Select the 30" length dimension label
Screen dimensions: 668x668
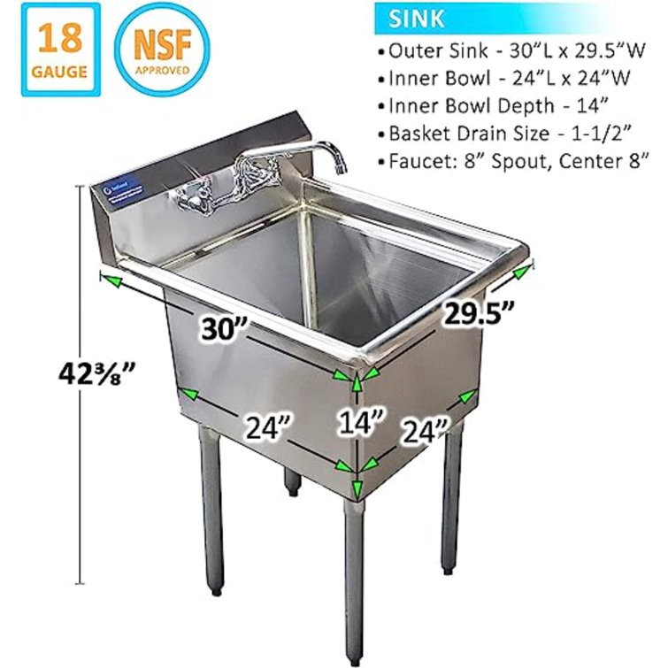pyautogui.click(x=221, y=329)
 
